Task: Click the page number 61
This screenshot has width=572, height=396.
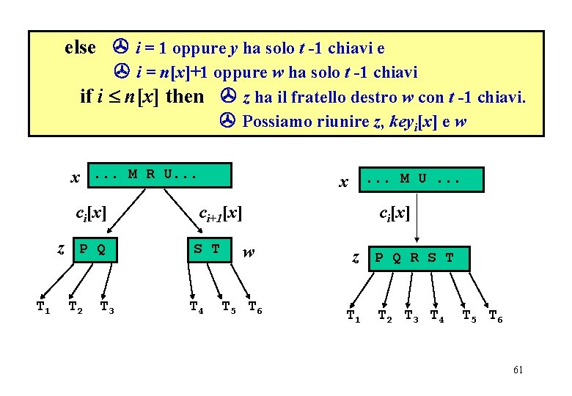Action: [x=518, y=370]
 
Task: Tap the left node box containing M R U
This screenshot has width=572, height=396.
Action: [x=159, y=175]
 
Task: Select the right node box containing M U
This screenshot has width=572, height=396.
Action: [x=422, y=180]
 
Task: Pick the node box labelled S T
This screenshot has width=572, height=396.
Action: [x=208, y=249]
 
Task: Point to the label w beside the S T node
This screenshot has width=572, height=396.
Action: [x=249, y=252]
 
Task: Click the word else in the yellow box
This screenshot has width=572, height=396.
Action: [x=81, y=48]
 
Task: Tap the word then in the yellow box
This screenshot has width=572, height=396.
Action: [x=185, y=96]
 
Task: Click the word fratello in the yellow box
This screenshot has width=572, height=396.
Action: [x=320, y=96]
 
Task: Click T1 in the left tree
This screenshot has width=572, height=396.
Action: [x=44, y=307]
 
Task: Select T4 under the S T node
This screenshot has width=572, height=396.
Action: [x=196, y=307]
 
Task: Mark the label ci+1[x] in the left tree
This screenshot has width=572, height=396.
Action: [x=220, y=214]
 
